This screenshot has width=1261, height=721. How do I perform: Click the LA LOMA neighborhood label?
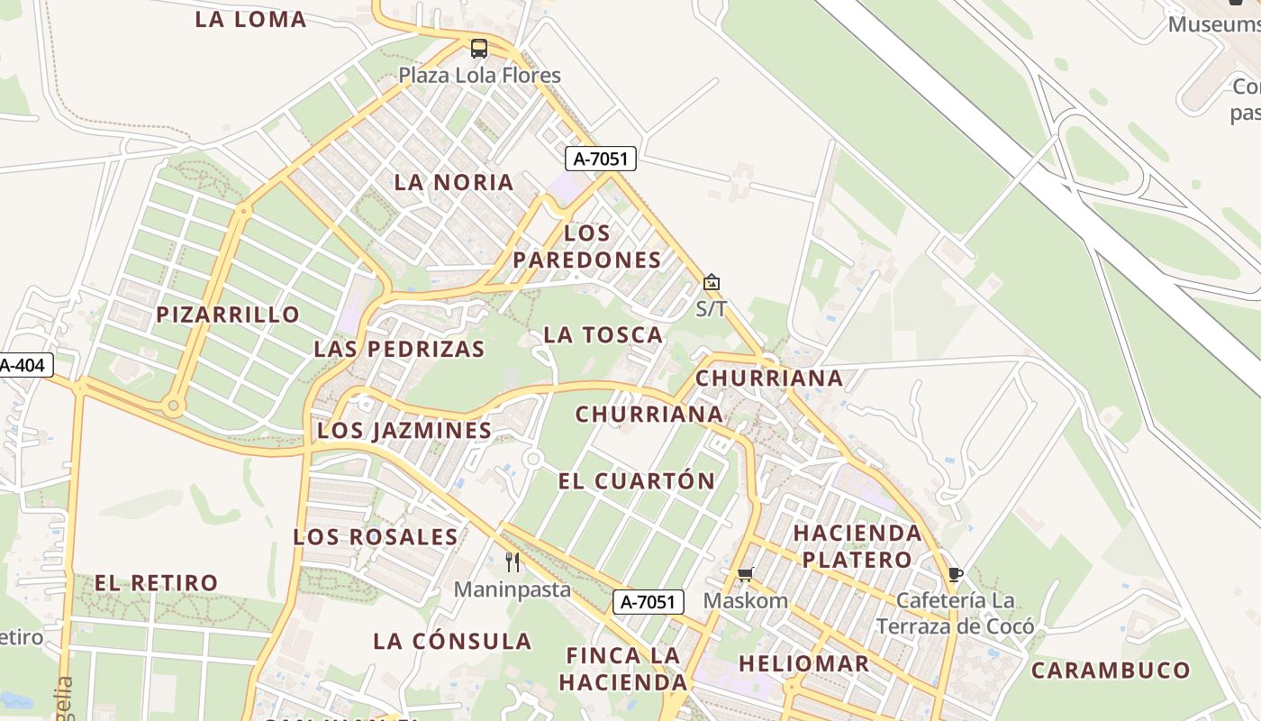[250, 19]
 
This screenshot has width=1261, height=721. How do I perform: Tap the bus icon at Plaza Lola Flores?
[479, 49]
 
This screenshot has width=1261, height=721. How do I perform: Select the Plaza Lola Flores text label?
[479, 76]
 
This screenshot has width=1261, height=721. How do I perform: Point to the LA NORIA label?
[454, 182]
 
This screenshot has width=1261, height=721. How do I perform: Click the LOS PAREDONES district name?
[586, 246]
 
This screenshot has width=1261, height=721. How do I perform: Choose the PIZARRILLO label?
[228, 315]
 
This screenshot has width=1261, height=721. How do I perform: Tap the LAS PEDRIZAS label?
[399, 349]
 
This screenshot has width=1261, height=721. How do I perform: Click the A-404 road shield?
[25, 365]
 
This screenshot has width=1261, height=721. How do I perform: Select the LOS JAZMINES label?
[404, 431]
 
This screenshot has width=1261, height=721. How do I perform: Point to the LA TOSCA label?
[603, 335]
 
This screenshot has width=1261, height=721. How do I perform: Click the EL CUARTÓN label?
[636, 481]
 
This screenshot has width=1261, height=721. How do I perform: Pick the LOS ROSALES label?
[376, 537]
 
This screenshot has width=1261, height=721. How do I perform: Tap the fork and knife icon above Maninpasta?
[513, 562]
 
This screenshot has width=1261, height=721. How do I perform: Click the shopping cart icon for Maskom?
[745, 574]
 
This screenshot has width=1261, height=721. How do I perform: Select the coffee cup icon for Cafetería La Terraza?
[955, 574]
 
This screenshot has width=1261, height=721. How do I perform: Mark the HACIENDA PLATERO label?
[857, 546]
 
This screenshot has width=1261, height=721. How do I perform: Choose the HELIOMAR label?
[803, 664]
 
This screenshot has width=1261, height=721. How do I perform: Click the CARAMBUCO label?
[1111, 671]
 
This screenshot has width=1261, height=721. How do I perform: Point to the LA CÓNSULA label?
[452, 642]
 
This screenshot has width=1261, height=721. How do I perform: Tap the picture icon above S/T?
[712, 282]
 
